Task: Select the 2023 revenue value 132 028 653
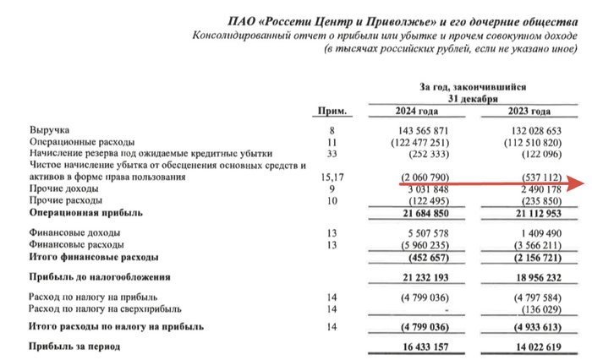[530, 131]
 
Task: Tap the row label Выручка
[47, 131]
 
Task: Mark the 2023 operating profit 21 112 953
[531, 214]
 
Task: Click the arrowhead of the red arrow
[579, 183]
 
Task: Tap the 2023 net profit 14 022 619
[531, 346]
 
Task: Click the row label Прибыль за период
[75, 346]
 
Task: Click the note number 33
[332, 155]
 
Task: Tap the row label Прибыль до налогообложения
[101, 276]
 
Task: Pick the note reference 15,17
[332, 178]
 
